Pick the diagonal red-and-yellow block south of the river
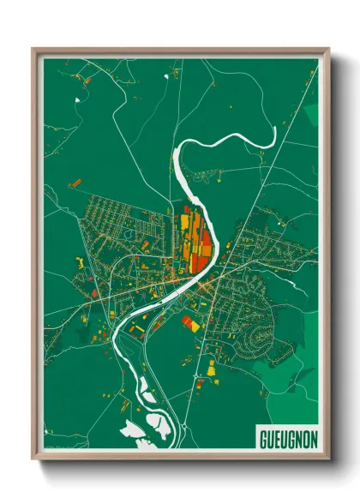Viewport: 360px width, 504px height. (191, 323)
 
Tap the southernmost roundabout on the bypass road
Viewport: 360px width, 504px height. (183, 426)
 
